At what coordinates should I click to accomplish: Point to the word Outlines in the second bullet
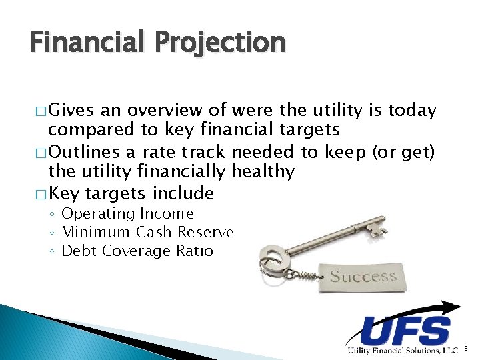[87, 152]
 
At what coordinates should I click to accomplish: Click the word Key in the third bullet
[64, 194]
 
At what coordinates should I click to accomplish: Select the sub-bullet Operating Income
[127, 214]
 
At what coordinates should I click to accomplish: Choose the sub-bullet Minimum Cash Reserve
[147, 232]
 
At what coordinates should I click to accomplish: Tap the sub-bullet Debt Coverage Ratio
[137, 251]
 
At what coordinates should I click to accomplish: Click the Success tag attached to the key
[363, 275]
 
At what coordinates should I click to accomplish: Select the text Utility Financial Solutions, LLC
[402, 350]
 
